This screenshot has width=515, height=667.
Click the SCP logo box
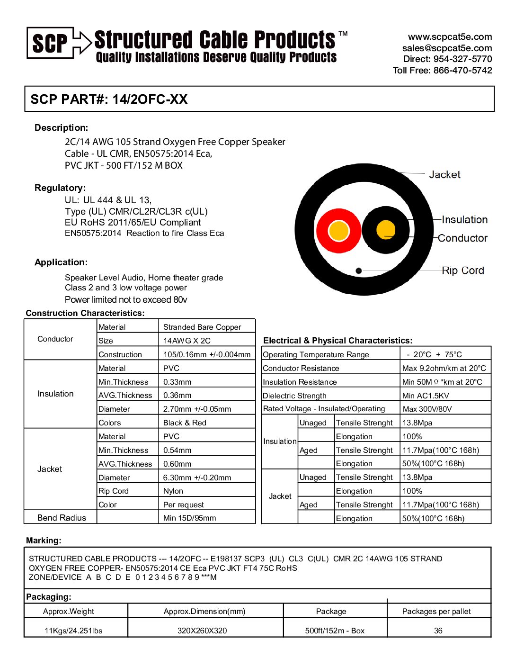[x=50, y=43]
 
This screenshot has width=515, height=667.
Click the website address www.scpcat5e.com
[x=450, y=37]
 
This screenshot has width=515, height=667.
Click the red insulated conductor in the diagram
[x=338, y=231]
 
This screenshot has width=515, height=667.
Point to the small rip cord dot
[x=359, y=271]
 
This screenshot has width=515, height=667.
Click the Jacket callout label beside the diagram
[x=444, y=174]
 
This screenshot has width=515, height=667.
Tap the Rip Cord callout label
[x=462, y=270]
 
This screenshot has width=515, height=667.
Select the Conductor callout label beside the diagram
[x=462, y=238]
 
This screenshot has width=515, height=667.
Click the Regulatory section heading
[x=60, y=188]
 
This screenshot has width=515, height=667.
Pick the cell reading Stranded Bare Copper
[x=202, y=327]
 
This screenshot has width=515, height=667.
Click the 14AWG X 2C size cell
[x=187, y=341]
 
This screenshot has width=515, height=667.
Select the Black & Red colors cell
[x=185, y=423]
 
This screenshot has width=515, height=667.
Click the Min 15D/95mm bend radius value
[x=189, y=518]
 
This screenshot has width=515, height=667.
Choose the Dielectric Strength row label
[x=294, y=396]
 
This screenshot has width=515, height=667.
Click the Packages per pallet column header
[x=436, y=611]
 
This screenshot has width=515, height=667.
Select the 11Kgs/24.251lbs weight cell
[x=73, y=631]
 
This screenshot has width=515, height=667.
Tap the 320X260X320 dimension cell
[x=202, y=631]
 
